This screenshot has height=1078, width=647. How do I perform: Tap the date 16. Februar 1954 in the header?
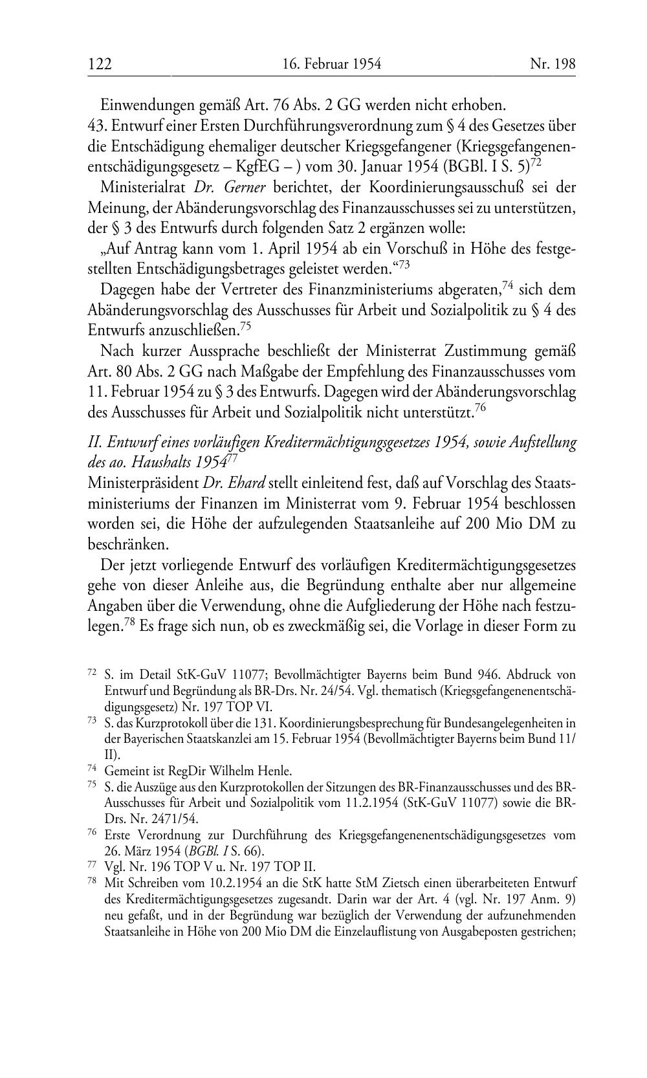[x=332, y=64]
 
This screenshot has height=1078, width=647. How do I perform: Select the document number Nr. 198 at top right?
[x=552, y=64]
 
